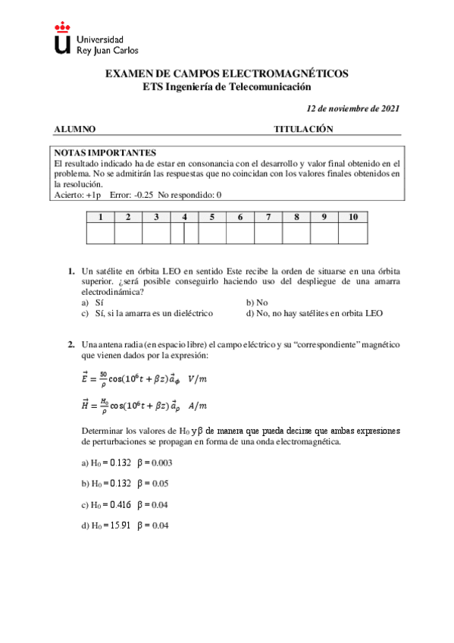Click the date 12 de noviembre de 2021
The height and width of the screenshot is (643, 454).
coord(352,108)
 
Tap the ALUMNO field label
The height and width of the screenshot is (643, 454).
coord(75,130)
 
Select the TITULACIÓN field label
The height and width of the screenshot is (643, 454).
coord(303,130)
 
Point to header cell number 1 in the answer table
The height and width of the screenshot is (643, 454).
coord(99,217)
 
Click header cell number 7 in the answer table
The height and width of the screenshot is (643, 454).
coord(268,217)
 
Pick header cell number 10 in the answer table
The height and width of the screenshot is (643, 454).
coord(352,217)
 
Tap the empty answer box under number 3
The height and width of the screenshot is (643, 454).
coord(155,234)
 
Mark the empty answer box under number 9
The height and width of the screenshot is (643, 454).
coord(324,234)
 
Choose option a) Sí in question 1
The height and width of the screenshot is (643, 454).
coord(93,302)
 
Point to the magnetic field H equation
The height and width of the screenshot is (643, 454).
coord(143,406)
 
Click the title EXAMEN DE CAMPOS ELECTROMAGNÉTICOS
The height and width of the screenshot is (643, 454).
coord(227,74)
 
